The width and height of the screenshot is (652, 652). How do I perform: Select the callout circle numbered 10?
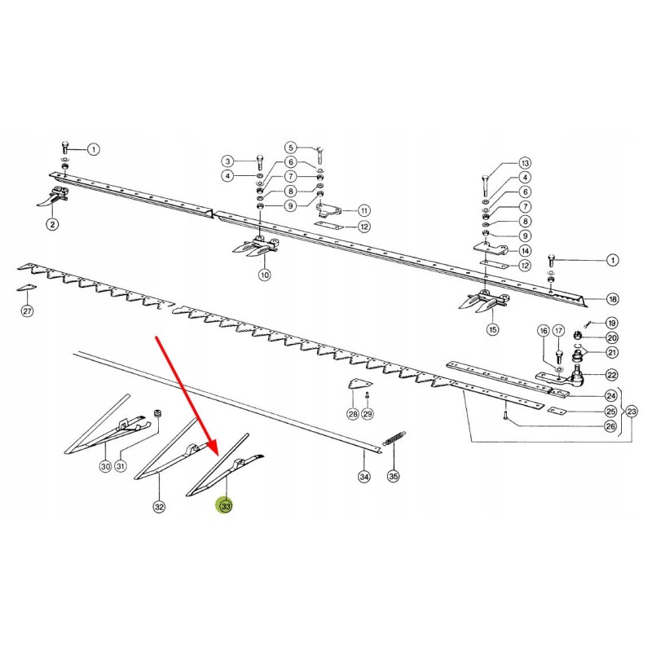tap(264, 275)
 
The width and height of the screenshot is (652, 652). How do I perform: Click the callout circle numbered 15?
tap(491, 329)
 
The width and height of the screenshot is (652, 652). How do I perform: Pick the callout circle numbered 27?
tap(27, 311)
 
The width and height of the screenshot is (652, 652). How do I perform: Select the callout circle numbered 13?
tap(525, 163)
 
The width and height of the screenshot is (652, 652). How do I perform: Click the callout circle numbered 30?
tap(105, 467)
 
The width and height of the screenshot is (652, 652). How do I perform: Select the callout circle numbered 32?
tap(159, 507)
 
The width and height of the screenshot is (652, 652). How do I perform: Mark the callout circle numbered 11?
tap(363, 209)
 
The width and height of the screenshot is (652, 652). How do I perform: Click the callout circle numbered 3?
tap(228, 161)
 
